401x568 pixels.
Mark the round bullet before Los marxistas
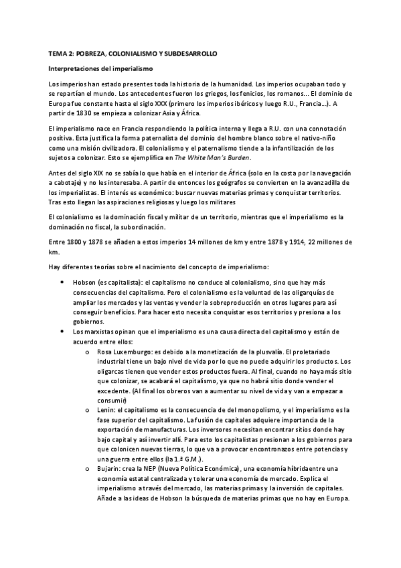pos(62,331)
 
